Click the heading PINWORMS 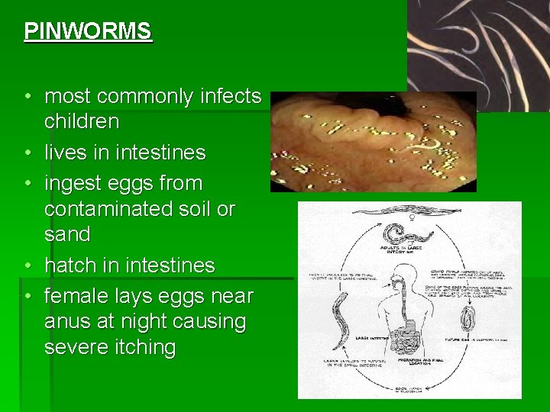[88, 31]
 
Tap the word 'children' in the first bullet [82, 121]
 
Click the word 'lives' [65, 153]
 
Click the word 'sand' [67, 233]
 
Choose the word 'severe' [76, 347]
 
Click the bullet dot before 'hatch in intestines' [27, 266]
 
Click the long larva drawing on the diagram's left [340, 314]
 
